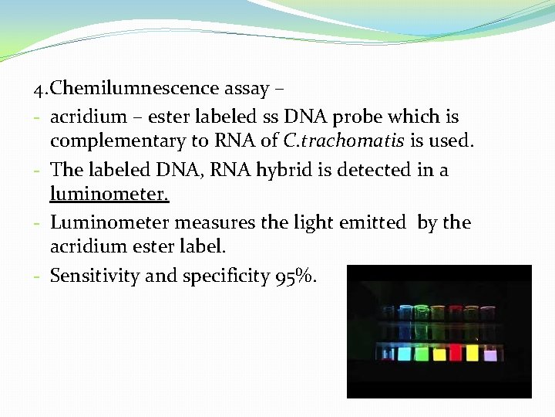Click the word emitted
[x=368, y=222]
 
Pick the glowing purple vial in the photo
[x=490, y=354]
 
